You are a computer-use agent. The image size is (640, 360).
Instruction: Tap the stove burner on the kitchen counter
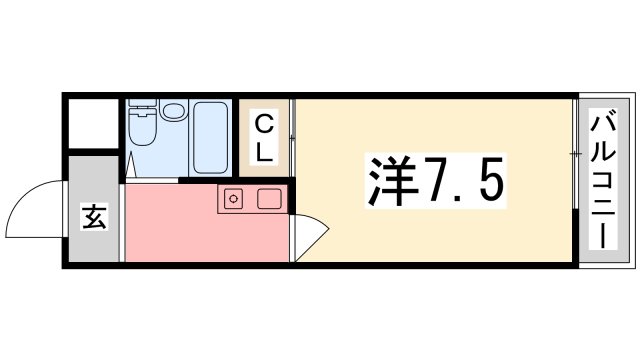pyautogui.click(x=233, y=198)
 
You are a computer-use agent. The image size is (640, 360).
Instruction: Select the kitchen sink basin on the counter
pyautogui.click(x=267, y=198)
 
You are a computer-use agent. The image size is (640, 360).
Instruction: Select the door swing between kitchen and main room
pyautogui.click(x=311, y=237)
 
